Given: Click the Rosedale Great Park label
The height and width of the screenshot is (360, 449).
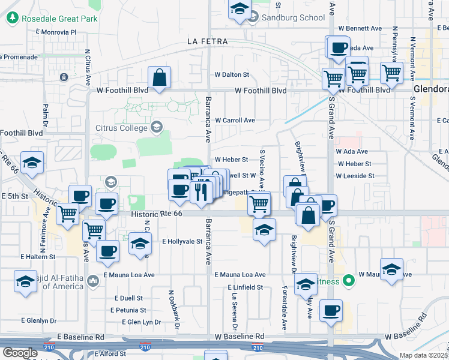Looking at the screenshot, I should pyautogui.click(x=59, y=19).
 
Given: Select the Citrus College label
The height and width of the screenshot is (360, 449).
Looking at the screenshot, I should pyautogui.click(x=121, y=128).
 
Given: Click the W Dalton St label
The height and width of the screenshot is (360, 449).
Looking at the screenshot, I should pyautogui.click(x=232, y=75).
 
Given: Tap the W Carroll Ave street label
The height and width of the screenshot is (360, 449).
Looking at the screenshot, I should pyautogui.click(x=235, y=121).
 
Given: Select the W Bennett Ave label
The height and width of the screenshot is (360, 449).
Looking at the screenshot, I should pyautogui.click(x=360, y=28).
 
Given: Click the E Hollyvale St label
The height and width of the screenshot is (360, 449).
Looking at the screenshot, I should pyautogui.click(x=182, y=241).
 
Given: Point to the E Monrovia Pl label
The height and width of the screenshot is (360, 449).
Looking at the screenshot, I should pyautogui.click(x=56, y=31).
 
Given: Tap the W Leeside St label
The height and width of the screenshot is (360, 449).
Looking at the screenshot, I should pyautogui.click(x=355, y=176).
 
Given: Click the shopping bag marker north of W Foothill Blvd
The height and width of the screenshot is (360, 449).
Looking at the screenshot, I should pyautogui.click(x=159, y=78).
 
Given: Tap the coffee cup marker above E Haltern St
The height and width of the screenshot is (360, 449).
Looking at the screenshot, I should pyautogui.click(x=107, y=251).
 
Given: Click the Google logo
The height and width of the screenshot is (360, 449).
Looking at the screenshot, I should pyautogui.click(x=19, y=353).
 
